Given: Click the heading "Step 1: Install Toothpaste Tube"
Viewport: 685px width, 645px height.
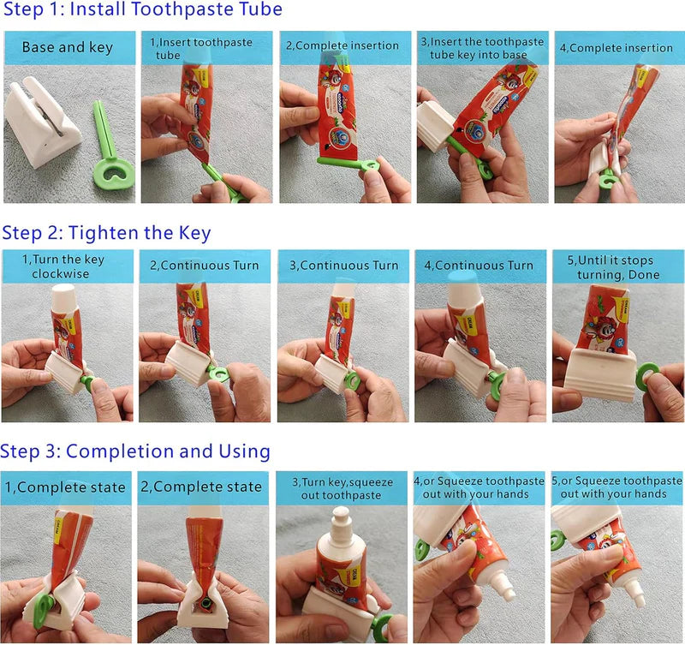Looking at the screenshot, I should pyautogui.click(x=141, y=11).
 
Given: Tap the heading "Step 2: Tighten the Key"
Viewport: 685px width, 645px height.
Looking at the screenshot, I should pyautogui.click(x=106, y=232).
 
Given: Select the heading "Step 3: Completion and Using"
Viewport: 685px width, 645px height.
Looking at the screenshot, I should pyautogui.click(x=135, y=451).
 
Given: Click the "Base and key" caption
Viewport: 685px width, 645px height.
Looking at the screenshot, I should pyautogui.click(x=67, y=47).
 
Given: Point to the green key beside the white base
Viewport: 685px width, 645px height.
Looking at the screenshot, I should pyautogui.click(x=110, y=150).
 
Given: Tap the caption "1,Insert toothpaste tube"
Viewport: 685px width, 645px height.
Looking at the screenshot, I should pyautogui.click(x=205, y=48).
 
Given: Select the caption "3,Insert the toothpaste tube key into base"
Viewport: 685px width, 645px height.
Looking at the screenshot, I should pyautogui.click(x=481, y=48).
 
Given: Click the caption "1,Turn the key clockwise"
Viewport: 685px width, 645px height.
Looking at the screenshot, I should pyautogui.click(x=67, y=266).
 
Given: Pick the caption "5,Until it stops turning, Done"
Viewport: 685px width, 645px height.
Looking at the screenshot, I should pyautogui.click(x=618, y=266).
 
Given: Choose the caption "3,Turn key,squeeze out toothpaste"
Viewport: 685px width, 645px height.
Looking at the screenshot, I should pyautogui.click(x=342, y=488).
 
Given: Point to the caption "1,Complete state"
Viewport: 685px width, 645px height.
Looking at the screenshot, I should pyautogui.click(x=67, y=487).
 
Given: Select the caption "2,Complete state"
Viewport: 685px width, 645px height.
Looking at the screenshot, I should pyautogui.click(x=205, y=487).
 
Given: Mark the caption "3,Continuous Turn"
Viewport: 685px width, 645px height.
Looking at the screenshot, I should pyautogui.click(x=342, y=266).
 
